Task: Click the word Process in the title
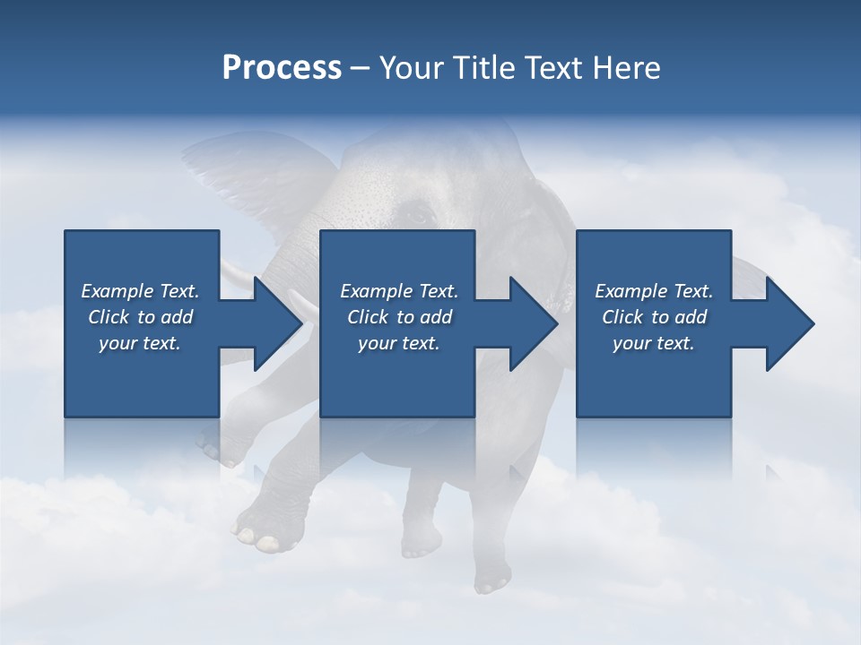(281, 68)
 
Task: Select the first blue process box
(142, 385)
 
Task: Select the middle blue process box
(397, 385)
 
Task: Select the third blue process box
(653, 385)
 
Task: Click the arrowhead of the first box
(278, 323)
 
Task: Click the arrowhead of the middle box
(534, 323)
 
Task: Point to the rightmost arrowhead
(790, 323)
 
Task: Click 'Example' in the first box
(116, 291)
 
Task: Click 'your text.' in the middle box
(398, 343)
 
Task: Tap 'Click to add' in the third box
(654, 317)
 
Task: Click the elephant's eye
(418, 216)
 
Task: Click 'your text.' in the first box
(140, 343)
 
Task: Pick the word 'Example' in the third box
(631, 291)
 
